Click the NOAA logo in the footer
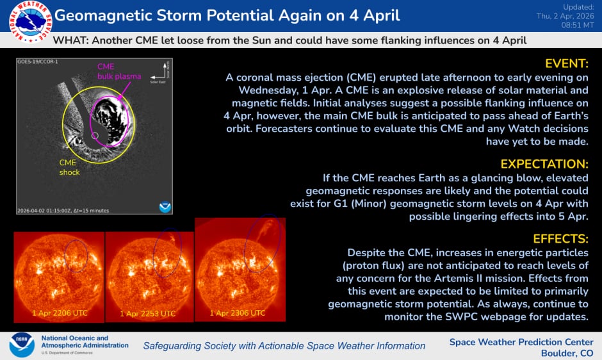pos(21,345)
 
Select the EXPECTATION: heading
pos(544,163)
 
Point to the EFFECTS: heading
pos(560,239)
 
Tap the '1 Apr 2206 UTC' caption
pos(60,313)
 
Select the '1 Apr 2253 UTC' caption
pos(148,314)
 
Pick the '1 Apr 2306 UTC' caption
pos(238,313)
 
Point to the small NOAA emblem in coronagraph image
pos(165,206)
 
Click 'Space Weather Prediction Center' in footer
pos(521,341)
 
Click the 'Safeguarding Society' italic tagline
pos(284,345)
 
